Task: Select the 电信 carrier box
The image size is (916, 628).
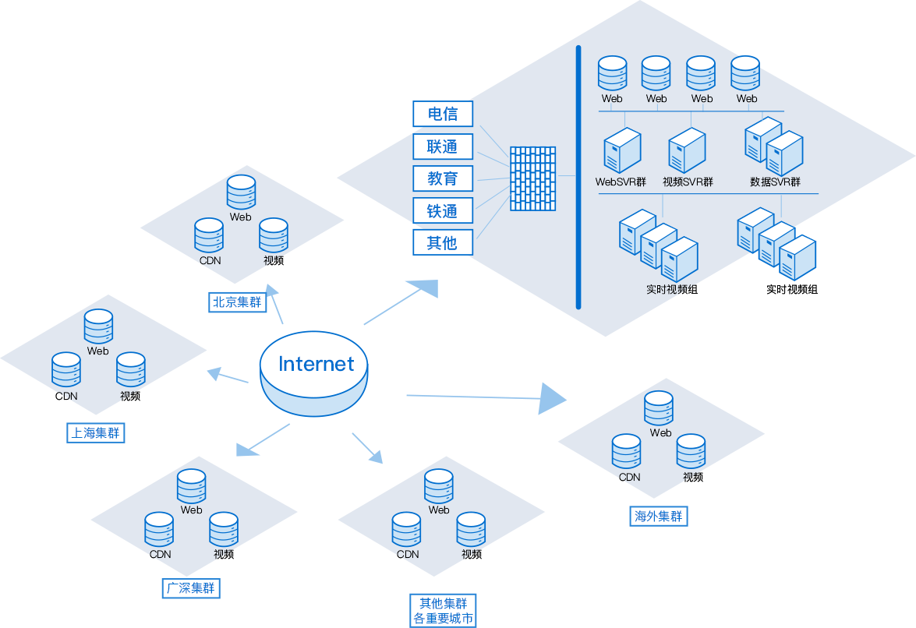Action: (x=443, y=115)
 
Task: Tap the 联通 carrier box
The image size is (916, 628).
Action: (x=443, y=146)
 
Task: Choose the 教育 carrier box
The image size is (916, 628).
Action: (x=443, y=178)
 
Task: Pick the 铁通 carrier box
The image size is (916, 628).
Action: (x=443, y=210)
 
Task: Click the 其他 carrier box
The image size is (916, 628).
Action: (x=443, y=242)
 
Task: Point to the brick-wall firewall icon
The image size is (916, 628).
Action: (x=533, y=178)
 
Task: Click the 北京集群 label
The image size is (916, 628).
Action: (x=237, y=302)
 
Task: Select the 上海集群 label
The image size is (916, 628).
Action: (x=96, y=433)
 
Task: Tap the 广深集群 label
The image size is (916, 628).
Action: (x=191, y=588)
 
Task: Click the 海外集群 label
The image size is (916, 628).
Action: (x=659, y=516)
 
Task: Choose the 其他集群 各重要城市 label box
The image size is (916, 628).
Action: (x=444, y=612)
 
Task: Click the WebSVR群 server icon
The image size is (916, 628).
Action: (x=622, y=151)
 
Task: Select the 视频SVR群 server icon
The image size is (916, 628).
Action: (x=687, y=151)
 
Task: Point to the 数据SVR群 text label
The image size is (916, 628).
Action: (x=775, y=182)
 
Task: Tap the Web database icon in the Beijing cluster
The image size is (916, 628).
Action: (x=241, y=192)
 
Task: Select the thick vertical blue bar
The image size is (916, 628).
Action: (x=578, y=177)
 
